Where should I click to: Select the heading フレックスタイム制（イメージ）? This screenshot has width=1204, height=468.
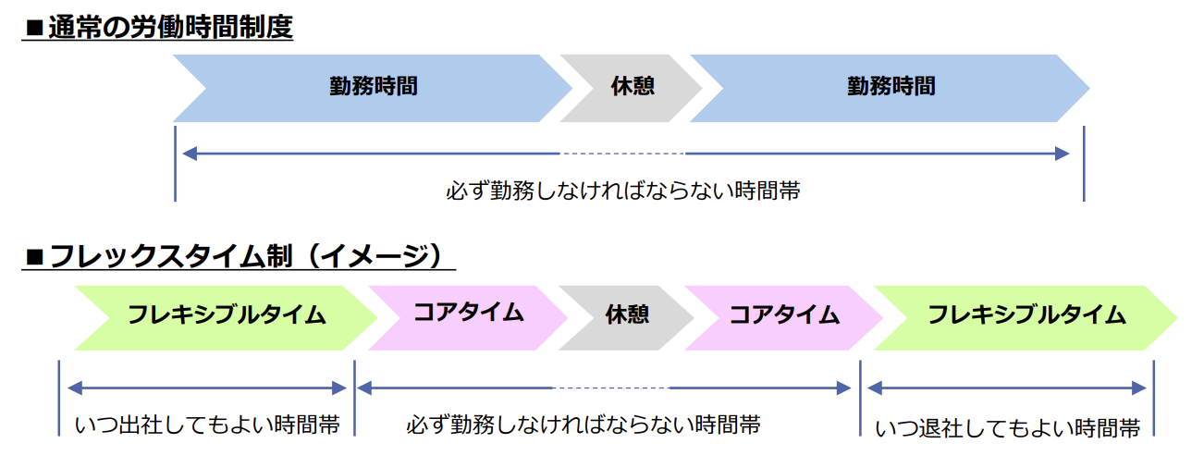click(x=250, y=255)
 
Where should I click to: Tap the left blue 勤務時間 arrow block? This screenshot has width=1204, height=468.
click(x=373, y=87)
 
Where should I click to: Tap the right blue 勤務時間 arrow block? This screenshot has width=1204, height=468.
click(x=891, y=87)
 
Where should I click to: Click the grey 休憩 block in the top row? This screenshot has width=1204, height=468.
click(x=633, y=87)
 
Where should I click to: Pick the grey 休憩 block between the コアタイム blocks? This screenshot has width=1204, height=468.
click(x=627, y=315)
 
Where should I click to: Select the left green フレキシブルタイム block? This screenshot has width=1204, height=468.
click(x=227, y=315)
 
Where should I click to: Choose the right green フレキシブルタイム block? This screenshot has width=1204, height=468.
click(x=1026, y=315)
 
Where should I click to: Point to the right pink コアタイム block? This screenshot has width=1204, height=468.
click(x=784, y=315)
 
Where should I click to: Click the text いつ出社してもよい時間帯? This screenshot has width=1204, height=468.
click(x=207, y=425)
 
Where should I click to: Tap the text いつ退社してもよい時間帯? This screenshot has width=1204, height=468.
click(x=1007, y=428)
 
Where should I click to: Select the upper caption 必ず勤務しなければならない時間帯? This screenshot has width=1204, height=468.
click(x=622, y=191)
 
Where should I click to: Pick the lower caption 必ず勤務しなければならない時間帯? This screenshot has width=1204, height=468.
click(x=584, y=425)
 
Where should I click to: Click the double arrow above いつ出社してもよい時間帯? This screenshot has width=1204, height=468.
click(x=207, y=388)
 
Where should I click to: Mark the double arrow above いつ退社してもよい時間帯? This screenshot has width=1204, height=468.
click(x=1007, y=388)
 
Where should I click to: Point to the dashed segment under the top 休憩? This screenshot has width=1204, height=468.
click(x=622, y=154)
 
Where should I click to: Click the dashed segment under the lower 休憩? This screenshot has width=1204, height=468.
click(x=610, y=388)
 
